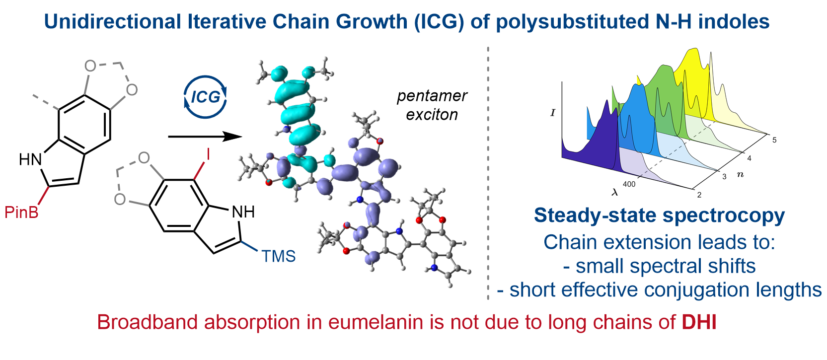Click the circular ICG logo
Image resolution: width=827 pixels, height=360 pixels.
[205, 97]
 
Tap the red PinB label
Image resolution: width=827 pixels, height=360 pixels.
[21, 213]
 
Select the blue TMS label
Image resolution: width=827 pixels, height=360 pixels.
[278, 256]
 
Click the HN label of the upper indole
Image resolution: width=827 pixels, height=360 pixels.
[30, 159]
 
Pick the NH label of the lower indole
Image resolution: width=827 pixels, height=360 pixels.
[243, 212]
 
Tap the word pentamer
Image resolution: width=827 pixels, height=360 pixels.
[432, 96]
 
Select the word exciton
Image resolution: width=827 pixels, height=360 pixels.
[432, 115]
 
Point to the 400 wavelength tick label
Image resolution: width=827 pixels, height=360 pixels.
[629, 184]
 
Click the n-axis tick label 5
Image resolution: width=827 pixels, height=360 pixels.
[774, 141]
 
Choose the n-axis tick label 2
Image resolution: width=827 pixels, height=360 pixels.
[699, 195]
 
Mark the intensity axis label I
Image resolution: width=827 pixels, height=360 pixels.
[553, 113]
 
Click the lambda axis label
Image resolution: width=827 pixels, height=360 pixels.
[614, 192]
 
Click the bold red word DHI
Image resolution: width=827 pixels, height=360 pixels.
[699, 323]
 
